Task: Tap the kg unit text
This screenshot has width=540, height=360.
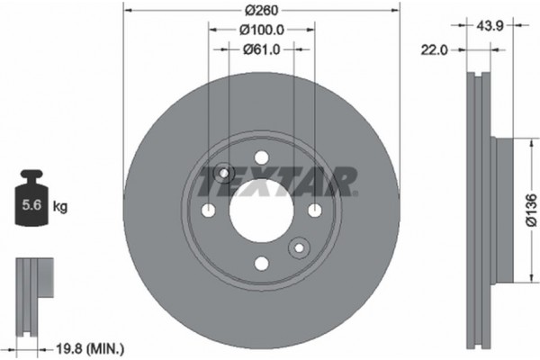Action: pyautogui.click(x=60, y=207)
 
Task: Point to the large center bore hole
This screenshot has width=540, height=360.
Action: pyautogui.click(x=261, y=210)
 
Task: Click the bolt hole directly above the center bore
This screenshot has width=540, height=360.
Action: pyautogui.click(x=261, y=157)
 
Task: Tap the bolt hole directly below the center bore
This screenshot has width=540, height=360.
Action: pyautogui.click(x=261, y=263)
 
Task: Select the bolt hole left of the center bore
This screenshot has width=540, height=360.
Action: pyautogui.click(x=209, y=210)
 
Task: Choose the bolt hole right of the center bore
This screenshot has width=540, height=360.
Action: pyautogui.click(x=314, y=210)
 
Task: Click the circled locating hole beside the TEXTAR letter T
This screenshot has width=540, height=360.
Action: pyautogui.click(x=224, y=173)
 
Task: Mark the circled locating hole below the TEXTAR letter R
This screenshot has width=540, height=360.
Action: pyautogui.click(x=298, y=247)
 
